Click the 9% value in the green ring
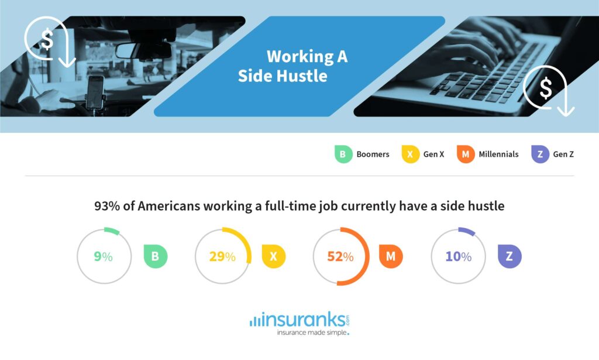pyautogui.click(x=103, y=256)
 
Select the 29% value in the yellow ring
pyautogui.click(x=222, y=256)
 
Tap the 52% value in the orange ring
pyautogui.click(x=340, y=256)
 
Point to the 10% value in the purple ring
pyautogui.click(x=459, y=256)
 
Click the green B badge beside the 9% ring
pyautogui.click(x=156, y=256)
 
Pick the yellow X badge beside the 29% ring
pyautogui.click(x=274, y=256)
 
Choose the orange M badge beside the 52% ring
pyautogui.click(x=391, y=256)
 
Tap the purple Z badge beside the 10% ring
pyautogui.click(x=510, y=256)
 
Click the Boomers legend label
pyautogui.click(x=373, y=154)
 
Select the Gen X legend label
pyautogui.click(x=433, y=154)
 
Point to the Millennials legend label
pyautogui.click(x=498, y=154)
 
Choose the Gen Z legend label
pyautogui.click(x=563, y=154)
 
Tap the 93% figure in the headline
pyautogui.click(x=107, y=206)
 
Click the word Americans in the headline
pyautogui.click(x=169, y=206)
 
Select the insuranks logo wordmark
pyautogui.click(x=299, y=320)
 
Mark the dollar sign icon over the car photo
pyautogui.click(x=47, y=40)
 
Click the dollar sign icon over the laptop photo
pyautogui.click(x=546, y=88)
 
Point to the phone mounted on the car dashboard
pyautogui.click(x=95, y=93)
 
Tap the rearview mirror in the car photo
pyautogui.click(x=143, y=51)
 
